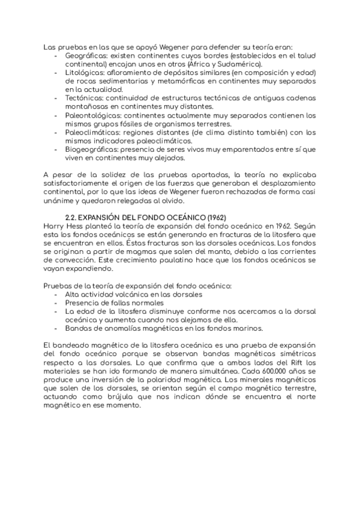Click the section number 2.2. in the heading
(x=72, y=215)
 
